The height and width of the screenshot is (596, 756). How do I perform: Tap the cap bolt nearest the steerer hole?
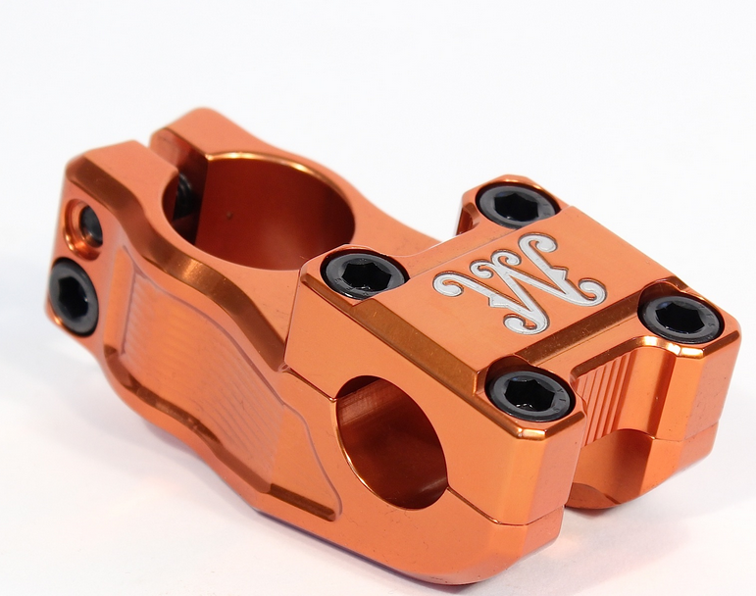click(x=365, y=273)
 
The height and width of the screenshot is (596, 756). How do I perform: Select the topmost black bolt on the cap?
click(x=517, y=205)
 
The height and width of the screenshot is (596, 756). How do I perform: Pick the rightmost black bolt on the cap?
click(x=680, y=319)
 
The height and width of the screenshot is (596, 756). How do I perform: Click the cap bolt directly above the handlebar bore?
click(x=530, y=393)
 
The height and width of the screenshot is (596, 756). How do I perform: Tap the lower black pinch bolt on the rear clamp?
click(x=75, y=295)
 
